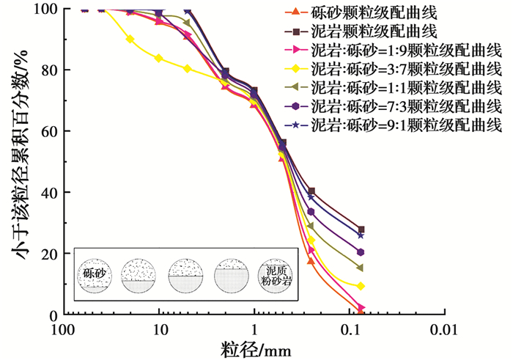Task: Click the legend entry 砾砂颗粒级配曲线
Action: coord(382,12)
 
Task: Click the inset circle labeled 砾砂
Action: coord(93,274)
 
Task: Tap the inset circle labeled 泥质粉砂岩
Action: coord(274,274)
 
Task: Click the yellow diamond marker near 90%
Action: coord(130,39)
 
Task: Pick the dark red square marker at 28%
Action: coord(361,229)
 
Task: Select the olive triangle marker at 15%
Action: coord(361,268)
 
